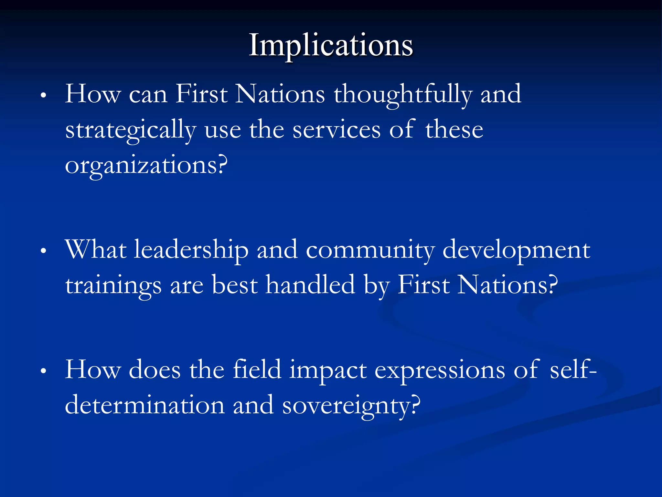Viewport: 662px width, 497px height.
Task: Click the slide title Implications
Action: [331, 45]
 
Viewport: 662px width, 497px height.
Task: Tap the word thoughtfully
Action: [403, 95]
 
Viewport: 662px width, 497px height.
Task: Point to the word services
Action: [336, 129]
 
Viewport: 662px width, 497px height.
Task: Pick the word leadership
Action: [191, 250]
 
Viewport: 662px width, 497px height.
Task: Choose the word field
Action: [257, 370]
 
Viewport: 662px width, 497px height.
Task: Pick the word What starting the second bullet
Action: [96, 250]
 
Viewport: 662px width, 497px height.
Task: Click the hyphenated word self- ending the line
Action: [573, 370]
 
